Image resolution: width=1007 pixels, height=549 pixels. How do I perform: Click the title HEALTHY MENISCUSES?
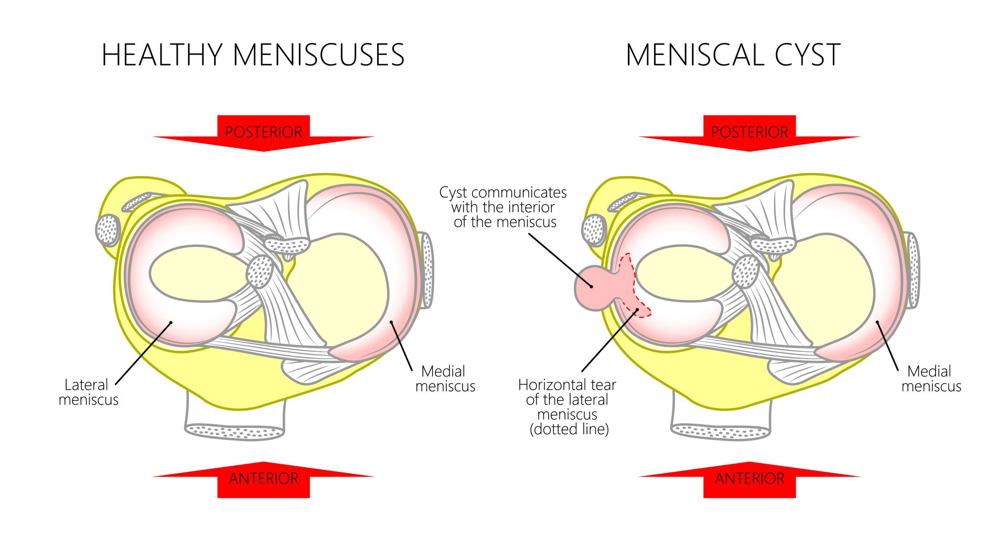click(x=253, y=55)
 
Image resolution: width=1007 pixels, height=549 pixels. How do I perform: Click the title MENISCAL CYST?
click(x=733, y=55)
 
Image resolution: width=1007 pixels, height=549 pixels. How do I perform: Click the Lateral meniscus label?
click(x=88, y=392)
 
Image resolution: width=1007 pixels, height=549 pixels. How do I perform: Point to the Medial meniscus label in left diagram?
click(x=445, y=379)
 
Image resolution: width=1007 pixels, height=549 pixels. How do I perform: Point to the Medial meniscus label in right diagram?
click(x=931, y=379)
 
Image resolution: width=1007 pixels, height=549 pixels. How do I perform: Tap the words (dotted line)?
click(x=569, y=429)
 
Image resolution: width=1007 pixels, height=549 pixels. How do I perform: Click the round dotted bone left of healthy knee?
click(x=108, y=230)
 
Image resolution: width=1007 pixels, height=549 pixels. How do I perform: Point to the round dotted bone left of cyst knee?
click(x=594, y=230)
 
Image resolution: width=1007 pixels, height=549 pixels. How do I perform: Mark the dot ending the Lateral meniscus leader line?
click(x=171, y=322)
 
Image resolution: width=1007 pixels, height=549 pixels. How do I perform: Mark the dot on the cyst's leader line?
click(x=592, y=286)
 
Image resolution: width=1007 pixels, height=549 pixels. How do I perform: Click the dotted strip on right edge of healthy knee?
click(x=428, y=270)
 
